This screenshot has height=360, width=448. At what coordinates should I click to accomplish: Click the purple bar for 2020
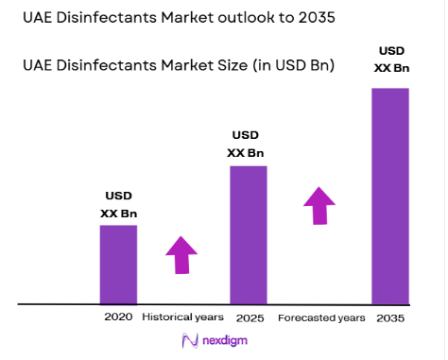click(119, 265)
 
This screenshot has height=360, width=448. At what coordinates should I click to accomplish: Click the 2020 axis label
click(119, 317)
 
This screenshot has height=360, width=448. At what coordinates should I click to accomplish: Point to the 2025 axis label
click(250, 317)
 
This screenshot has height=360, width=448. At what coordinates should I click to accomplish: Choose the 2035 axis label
click(389, 317)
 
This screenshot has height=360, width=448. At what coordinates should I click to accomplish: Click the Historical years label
click(182, 317)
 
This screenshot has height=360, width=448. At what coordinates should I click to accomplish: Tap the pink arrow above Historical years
click(181, 254)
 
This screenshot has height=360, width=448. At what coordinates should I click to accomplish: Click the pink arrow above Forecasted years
click(319, 205)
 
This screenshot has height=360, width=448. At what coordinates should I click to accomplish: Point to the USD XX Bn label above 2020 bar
click(119, 204)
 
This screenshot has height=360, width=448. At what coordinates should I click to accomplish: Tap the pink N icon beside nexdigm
click(188, 341)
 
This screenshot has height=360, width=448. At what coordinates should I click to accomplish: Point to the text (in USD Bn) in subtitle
click(292, 65)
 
